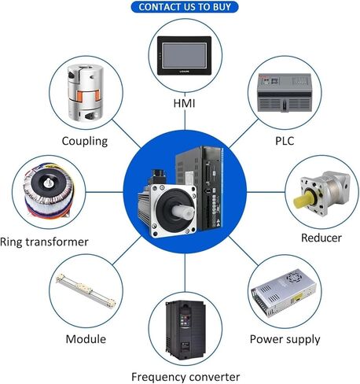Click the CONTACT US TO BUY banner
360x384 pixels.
coord(185,7)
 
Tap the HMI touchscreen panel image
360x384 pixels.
coord(184,56)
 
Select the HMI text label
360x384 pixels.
coord(184,103)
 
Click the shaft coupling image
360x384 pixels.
coord(86,93)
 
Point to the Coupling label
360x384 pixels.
coord(85,141)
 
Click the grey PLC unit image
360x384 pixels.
coord(284,93)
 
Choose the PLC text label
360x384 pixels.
coord(285,141)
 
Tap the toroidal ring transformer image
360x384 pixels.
coord(49,190)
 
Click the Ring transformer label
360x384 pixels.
coord(44,242)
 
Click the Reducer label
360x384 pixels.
coord(321,238)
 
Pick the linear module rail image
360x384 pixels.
coord(86,290)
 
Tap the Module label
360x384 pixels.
coord(86,339)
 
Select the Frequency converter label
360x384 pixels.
coord(186,377)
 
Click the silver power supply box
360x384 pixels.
coord(283,292)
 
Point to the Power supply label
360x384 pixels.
coord(285,339)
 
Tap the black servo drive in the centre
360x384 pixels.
coord(200,187)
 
